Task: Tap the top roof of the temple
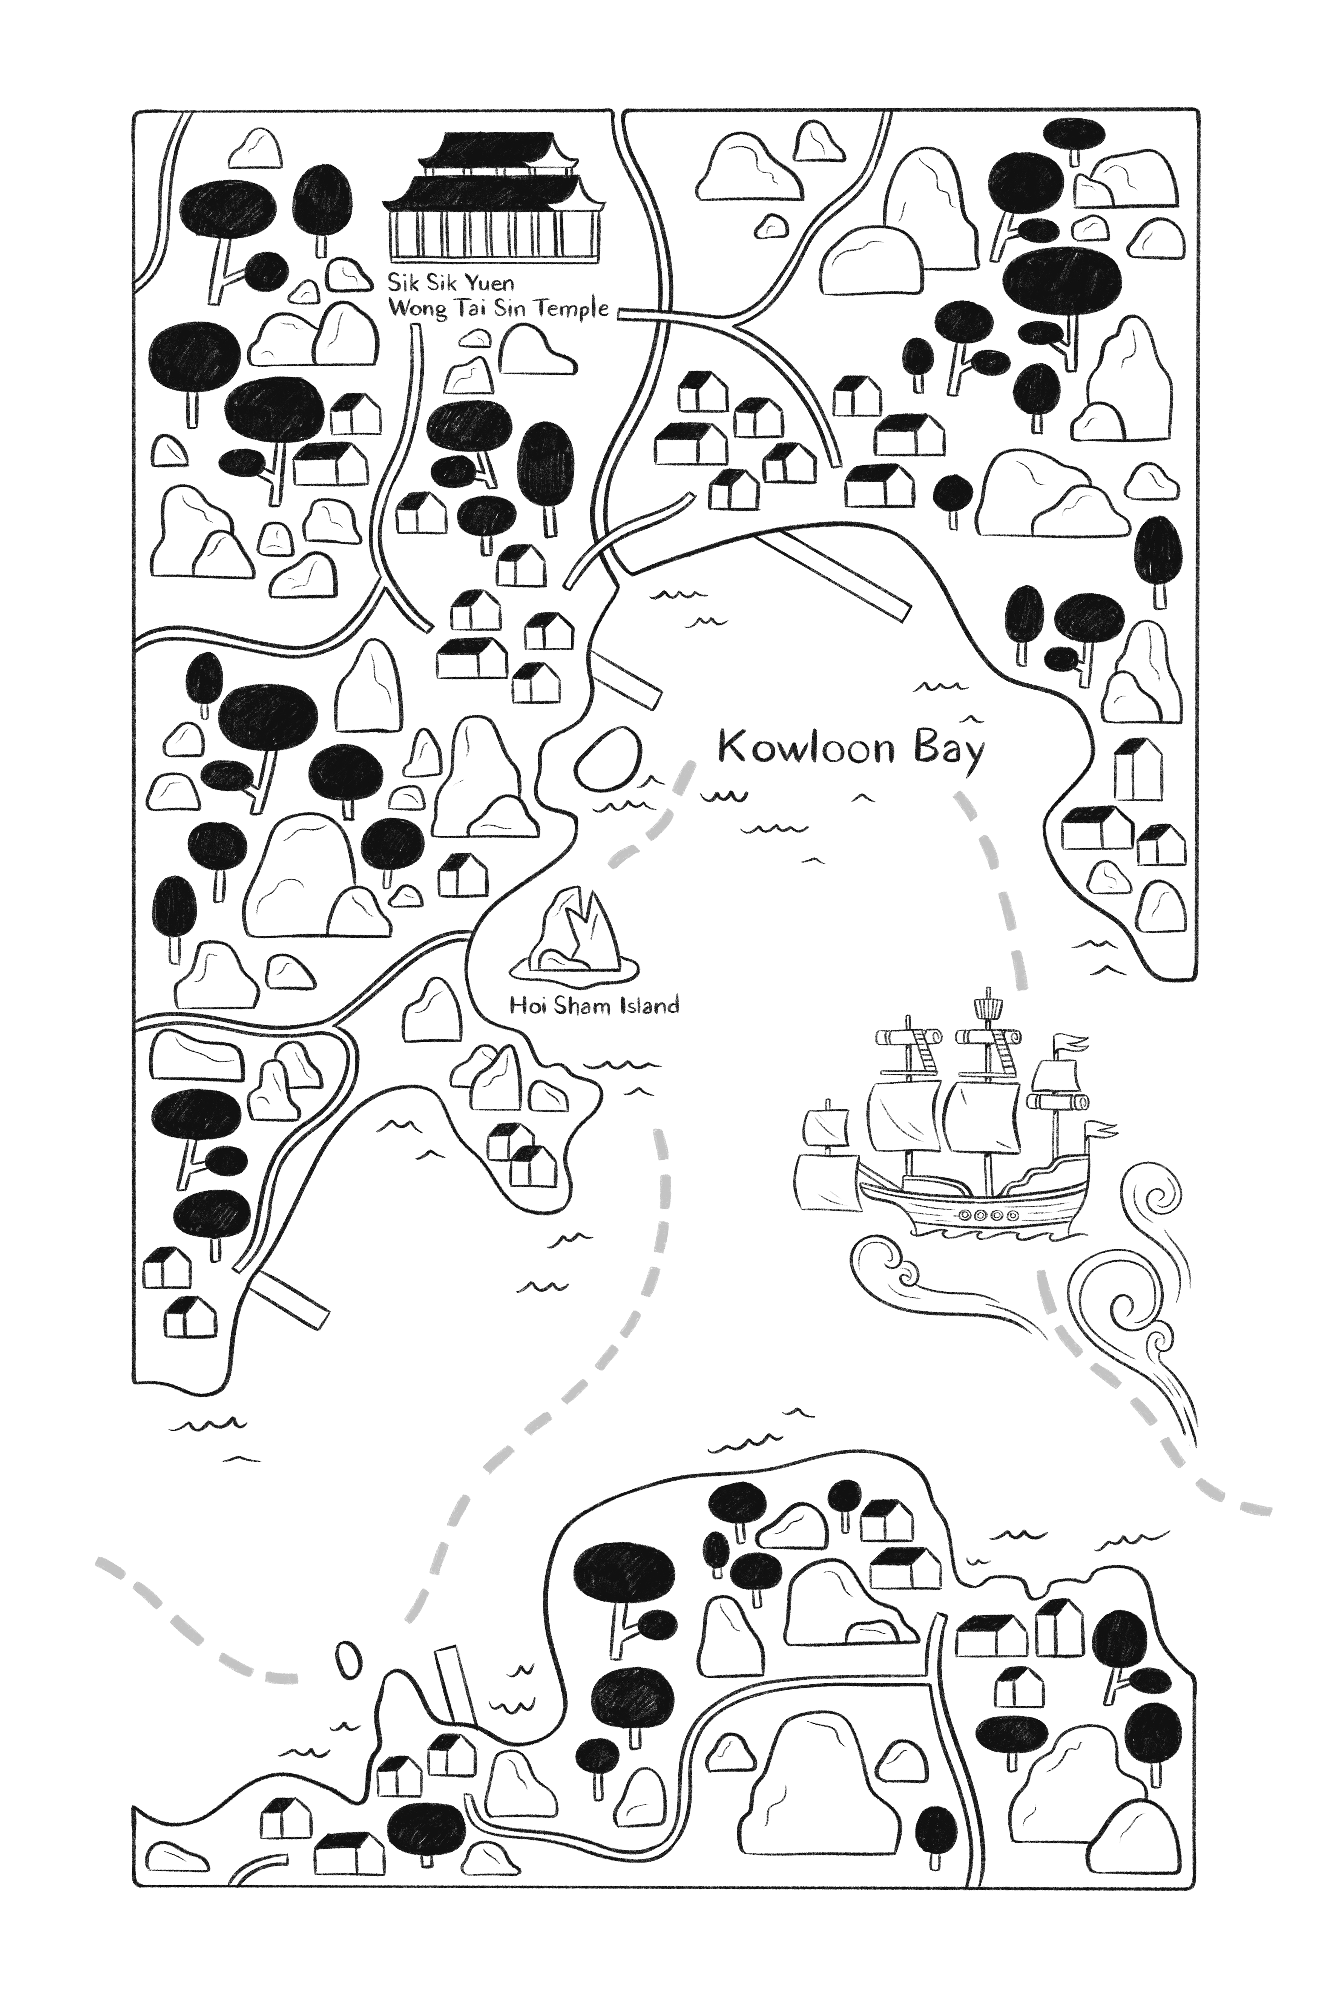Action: [493, 149]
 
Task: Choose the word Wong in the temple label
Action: [417, 308]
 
